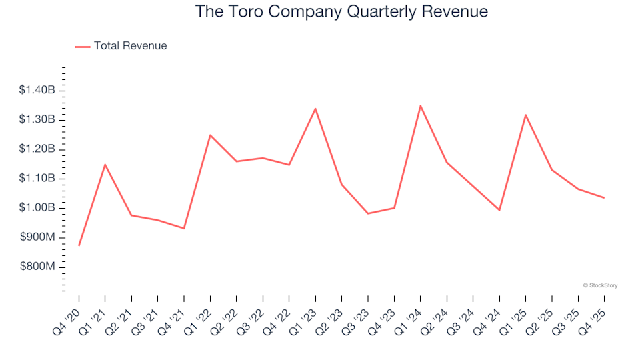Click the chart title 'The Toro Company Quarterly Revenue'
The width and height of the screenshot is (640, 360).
pos(341,12)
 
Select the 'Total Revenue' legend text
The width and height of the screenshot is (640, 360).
pos(130,46)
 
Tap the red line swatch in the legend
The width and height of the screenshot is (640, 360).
pos(83,47)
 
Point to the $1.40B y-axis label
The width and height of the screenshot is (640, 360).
pos(38,90)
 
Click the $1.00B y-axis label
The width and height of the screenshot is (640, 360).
pos(38,208)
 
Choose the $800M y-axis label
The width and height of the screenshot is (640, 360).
pos(39,267)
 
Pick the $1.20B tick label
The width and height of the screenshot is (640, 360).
pos(38,149)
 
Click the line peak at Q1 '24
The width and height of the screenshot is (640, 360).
pos(421,105)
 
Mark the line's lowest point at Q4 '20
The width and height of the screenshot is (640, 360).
pos(79,245)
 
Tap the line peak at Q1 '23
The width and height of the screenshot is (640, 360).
pos(315,108)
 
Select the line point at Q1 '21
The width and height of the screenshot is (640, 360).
pos(105,164)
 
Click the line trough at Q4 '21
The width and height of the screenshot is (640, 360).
pos(184,229)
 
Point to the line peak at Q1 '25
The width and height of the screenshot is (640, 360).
pos(525,115)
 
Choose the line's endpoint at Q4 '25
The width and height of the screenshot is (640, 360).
pos(604,197)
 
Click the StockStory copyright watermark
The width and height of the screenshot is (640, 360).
pos(600,285)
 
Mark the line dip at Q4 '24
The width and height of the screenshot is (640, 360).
pos(499,210)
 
